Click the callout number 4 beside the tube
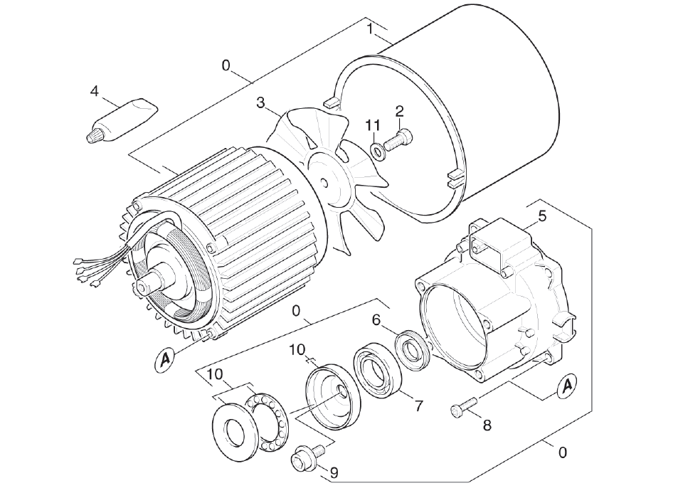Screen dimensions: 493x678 [95, 91]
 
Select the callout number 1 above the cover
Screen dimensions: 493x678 [370, 28]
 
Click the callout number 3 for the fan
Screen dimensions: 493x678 [261, 103]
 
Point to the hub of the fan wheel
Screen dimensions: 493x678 [324, 182]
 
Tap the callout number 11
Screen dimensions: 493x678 [373, 125]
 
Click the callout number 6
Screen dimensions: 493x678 [376, 320]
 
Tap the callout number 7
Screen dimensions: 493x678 [419, 406]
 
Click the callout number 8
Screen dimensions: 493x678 [487, 425]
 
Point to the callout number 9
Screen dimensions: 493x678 [334, 472]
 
